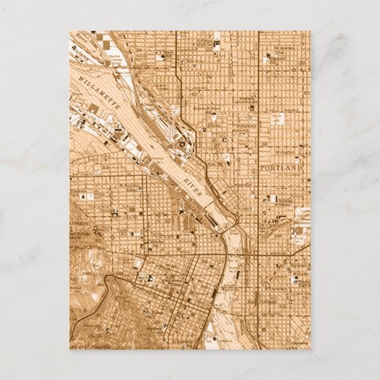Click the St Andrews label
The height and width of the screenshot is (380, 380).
tap(288, 50)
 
